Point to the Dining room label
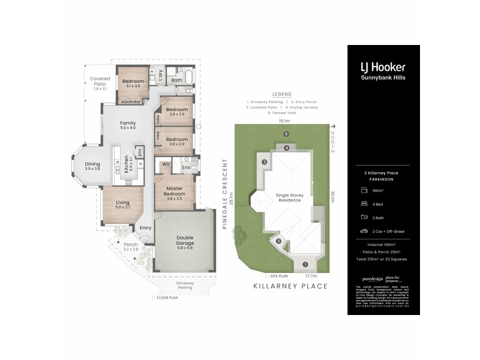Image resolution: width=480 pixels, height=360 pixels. tap(92, 166)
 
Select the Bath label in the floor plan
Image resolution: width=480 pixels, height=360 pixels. tap(176, 80)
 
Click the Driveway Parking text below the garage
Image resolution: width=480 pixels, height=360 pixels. tap(185, 286)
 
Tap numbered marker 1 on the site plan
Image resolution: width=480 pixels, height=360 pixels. tap(305, 264)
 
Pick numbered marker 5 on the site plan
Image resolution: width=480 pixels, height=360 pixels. tap(286, 134)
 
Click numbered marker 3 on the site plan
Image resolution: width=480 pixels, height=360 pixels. tap(263, 162)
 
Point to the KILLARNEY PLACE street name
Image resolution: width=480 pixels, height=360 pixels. tap(290, 286)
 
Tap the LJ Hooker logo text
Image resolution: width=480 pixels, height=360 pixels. tap(382, 67)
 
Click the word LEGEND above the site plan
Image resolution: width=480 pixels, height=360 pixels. tap(281, 94)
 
